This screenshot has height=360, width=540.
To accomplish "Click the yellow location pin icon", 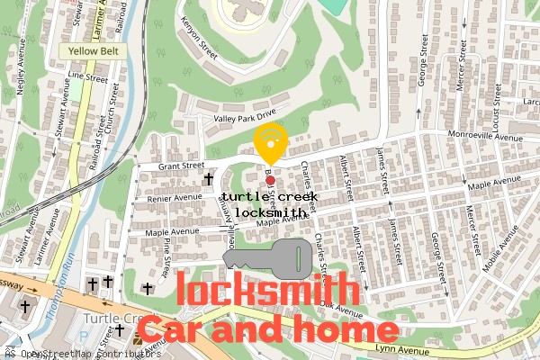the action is click(x=270, y=142).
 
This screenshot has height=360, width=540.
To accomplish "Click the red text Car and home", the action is click(x=267, y=330).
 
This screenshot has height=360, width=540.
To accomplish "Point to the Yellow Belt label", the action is click(x=94, y=51).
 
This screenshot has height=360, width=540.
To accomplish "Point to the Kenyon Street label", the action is click(x=199, y=36).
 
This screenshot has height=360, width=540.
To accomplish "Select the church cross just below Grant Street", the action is click(x=210, y=177).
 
